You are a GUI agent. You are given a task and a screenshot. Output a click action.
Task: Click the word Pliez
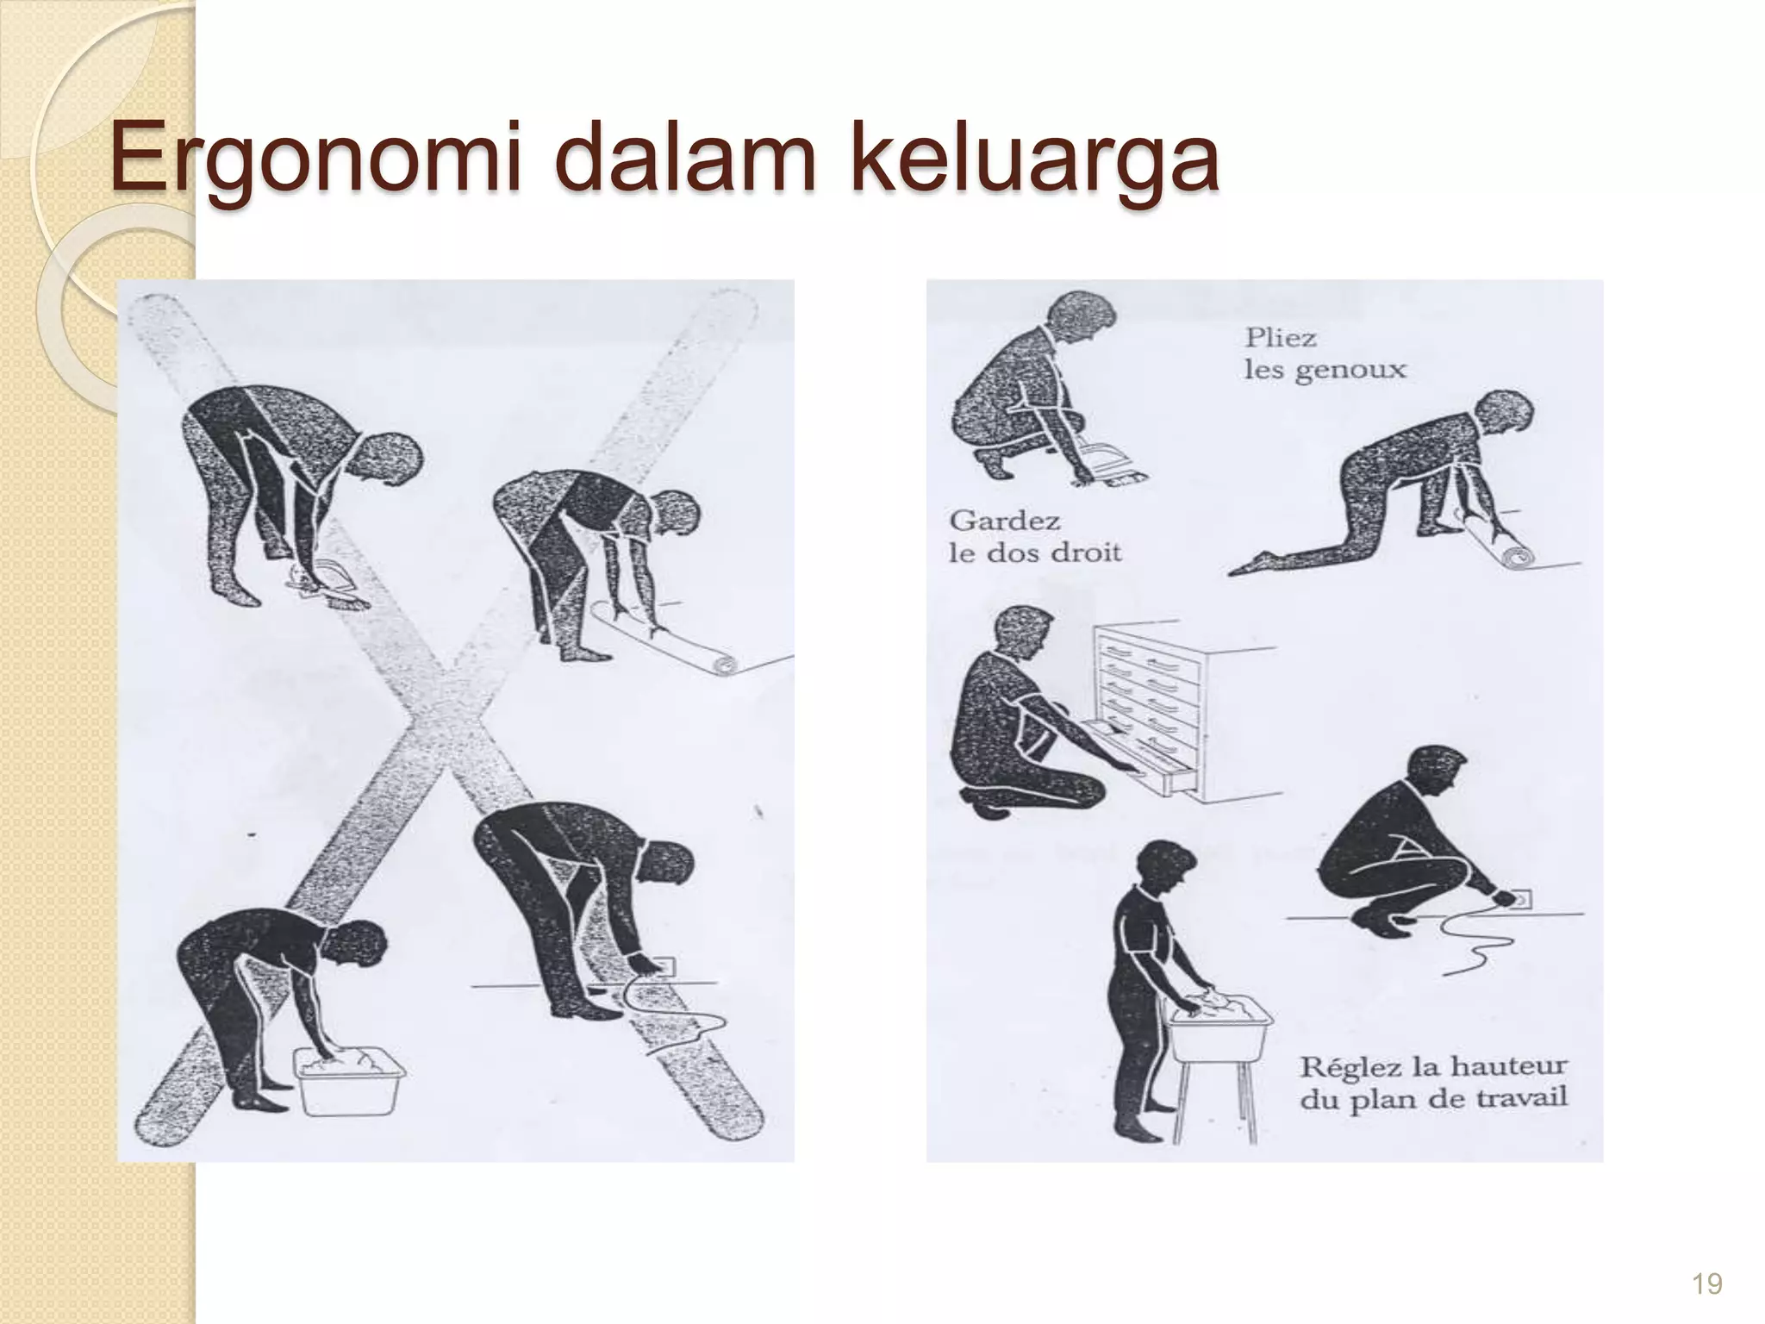coord(1281,338)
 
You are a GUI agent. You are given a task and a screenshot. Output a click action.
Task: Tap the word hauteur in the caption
coord(1508,1067)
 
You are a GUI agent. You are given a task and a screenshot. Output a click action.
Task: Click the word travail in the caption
coord(1521,1100)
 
